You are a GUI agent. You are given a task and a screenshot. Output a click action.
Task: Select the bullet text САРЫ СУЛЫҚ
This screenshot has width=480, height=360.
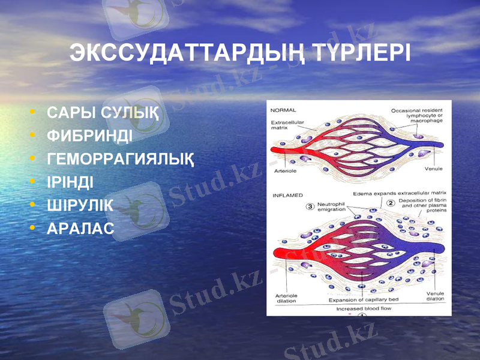[x=103, y=112]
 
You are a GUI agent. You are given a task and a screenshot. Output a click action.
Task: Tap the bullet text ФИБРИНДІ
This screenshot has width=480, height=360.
[x=89, y=136]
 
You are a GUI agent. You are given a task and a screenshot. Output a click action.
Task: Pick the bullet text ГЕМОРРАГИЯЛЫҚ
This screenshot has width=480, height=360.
[x=120, y=159]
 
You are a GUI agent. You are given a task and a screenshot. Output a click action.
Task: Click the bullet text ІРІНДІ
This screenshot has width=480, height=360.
[x=70, y=182]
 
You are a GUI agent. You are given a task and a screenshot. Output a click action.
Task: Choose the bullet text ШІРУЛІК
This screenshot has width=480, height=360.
[x=80, y=205]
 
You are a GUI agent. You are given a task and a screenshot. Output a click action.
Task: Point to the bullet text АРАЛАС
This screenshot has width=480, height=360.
[x=80, y=229]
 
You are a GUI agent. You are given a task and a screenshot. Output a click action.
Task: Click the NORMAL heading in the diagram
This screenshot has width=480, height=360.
[x=283, y=110]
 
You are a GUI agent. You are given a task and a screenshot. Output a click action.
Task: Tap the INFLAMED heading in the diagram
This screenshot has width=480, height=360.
[x=288, y=196]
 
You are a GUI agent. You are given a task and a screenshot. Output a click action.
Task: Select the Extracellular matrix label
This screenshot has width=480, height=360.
[x=287, y=125]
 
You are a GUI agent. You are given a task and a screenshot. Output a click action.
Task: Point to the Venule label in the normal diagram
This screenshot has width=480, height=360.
[x=433, y=169]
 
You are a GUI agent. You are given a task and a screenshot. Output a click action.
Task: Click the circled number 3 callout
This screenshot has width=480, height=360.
[x=310, y=207]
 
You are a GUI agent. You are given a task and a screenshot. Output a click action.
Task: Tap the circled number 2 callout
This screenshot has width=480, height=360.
[x=391, y=203]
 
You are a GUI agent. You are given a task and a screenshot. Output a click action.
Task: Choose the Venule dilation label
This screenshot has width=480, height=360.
[x=435, y=296]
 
